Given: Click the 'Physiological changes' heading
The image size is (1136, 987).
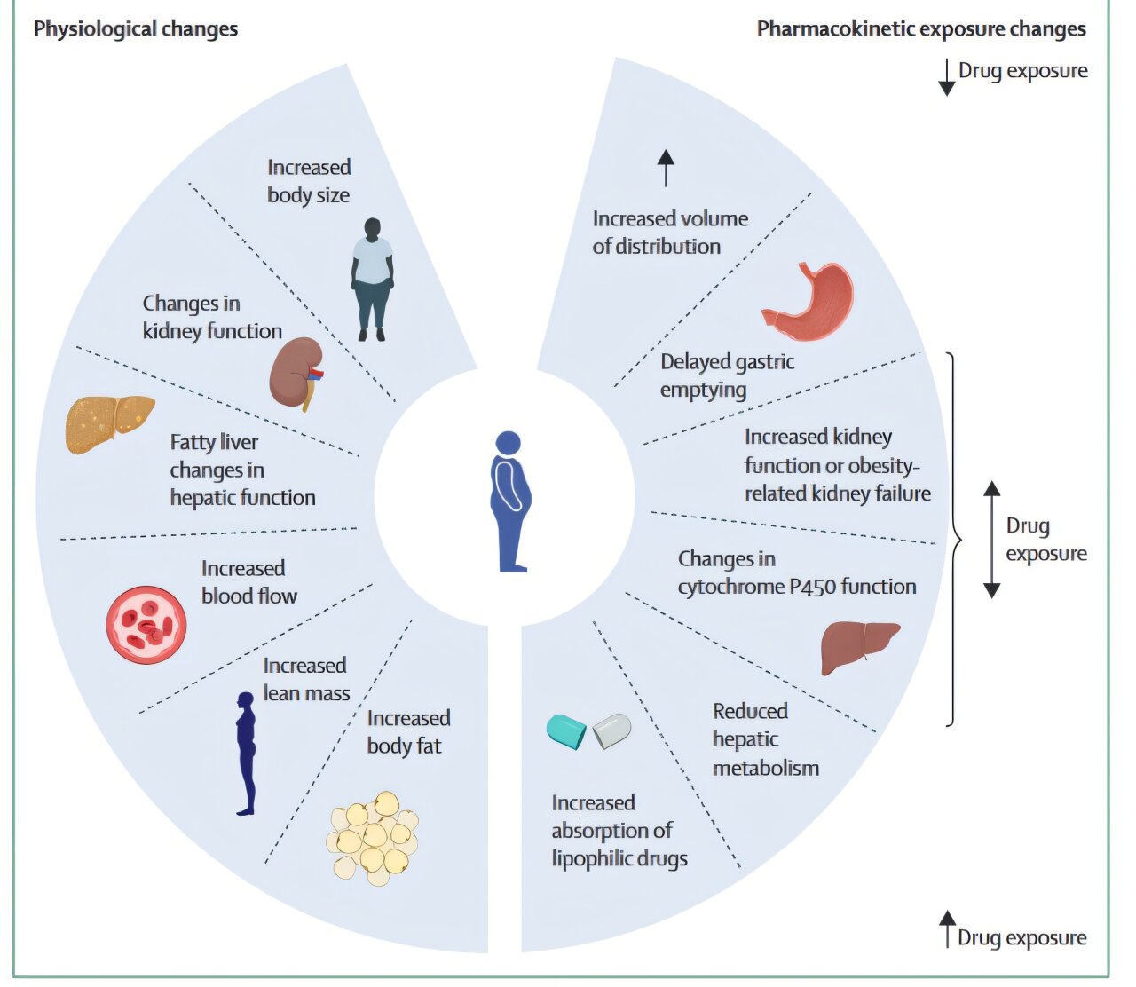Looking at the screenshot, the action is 136,28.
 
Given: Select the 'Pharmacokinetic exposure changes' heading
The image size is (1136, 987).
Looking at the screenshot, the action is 921,28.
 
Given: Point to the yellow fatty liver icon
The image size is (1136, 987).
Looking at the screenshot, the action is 109,424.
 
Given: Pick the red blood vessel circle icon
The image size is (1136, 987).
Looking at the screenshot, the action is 146,625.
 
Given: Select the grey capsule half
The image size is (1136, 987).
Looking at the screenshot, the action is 611,730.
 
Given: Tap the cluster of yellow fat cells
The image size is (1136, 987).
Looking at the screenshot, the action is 372,838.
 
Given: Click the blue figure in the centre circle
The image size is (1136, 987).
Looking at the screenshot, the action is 509,501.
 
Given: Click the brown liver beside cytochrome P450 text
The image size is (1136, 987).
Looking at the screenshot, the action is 859,647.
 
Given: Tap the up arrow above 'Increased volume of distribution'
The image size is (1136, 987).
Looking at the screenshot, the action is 666,168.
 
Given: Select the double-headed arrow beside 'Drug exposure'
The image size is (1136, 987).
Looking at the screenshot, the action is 991,540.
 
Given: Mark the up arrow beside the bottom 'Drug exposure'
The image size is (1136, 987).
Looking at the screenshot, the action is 947,928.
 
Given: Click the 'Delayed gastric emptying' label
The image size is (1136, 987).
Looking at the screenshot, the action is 727,375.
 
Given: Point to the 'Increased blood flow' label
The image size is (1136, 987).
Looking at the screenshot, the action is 248,581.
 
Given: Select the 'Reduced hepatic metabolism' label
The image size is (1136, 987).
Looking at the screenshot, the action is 766,738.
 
